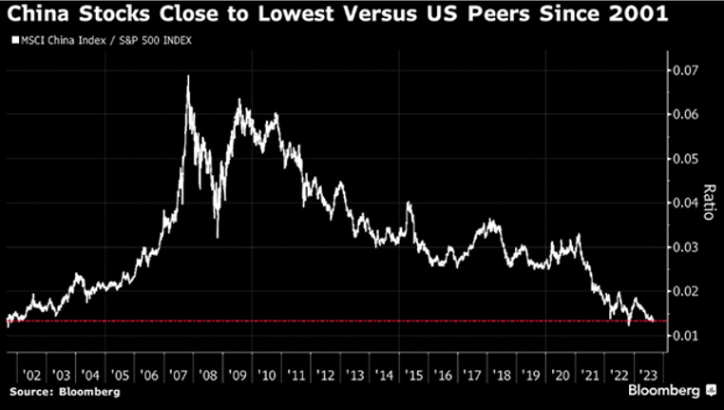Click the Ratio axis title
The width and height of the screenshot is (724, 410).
706,203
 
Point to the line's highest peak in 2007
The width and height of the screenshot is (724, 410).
187,76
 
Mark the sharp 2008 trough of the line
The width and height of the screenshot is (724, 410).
218,236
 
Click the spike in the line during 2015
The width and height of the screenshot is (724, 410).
409,203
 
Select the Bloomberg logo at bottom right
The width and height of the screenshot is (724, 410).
666,391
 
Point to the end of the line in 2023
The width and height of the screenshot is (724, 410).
653,320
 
